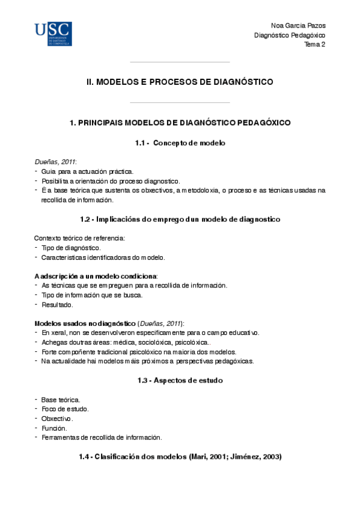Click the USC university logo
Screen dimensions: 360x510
[53, 34]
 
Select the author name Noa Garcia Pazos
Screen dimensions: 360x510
[299, 26]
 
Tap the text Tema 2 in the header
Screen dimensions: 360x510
[314, 45]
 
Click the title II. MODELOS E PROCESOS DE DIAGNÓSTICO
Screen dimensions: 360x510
[180, 82]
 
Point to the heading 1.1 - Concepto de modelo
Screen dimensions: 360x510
[180, 143]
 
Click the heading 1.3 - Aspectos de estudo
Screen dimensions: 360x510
[180, 380]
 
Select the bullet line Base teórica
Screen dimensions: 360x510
[60, 399]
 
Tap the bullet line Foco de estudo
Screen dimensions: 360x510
[65, 409]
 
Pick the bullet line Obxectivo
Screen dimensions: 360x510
[58, 419]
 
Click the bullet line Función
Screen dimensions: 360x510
[55, 428]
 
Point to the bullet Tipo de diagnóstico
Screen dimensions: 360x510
[71, 248]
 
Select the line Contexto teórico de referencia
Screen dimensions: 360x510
[79, 238]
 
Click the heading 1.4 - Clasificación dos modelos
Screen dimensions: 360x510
[180, 457]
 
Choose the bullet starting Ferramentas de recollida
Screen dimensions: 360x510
[101, 437]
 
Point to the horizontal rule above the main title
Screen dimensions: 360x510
[180, 62]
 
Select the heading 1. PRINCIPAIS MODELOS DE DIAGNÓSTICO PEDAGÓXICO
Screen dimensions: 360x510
[180, 123]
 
